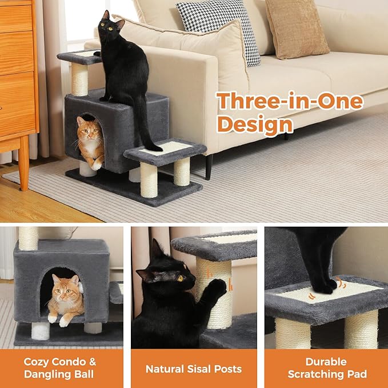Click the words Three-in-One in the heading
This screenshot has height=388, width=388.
tap(290, 102)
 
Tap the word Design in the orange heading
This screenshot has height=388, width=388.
tap(255, 123)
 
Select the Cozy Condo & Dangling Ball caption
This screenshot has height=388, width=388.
tap(60, 368)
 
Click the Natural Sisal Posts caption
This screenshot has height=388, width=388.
tap(194, 369)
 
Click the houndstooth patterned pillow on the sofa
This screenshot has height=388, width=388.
tap(221, 29)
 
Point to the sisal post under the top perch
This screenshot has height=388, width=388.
tap(79, 79)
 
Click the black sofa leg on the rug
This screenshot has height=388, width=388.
tap(209, 166)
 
